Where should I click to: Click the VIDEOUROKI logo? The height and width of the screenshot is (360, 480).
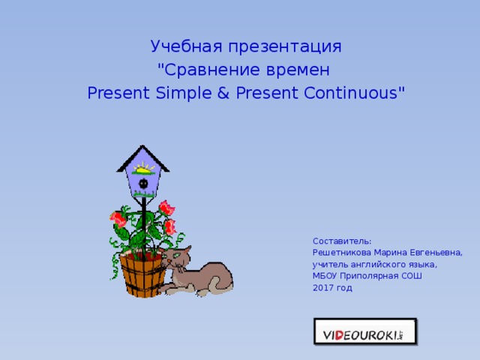click(x=364, y=331)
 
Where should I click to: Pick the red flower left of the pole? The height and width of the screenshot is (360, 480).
click(x=118, y=219)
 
